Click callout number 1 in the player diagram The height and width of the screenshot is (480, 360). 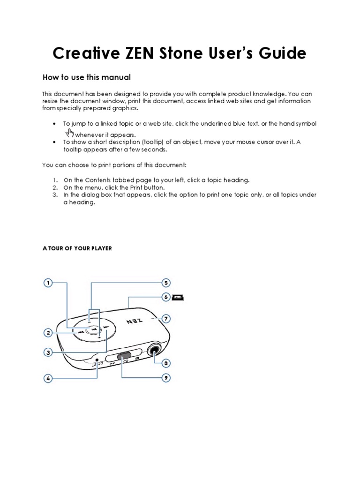[48, 283]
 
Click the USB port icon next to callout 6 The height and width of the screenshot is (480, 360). [179, 297]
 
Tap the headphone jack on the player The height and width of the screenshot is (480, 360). [154, 350]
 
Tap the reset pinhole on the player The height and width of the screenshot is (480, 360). [97, 361]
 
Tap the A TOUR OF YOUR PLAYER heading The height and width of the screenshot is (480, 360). [77, 248]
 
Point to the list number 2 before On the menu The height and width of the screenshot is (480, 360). [54, 187]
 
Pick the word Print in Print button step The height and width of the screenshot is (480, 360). [138, 187]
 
